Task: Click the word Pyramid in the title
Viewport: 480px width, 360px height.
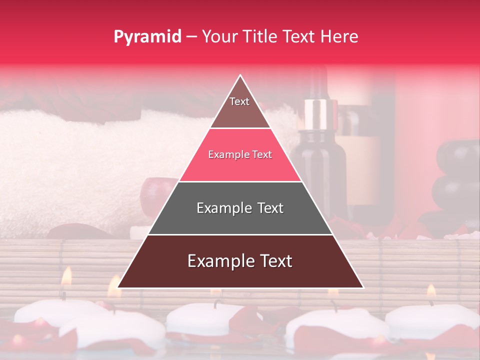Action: tap(147, 37)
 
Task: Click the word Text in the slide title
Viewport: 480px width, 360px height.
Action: tap(300, 36)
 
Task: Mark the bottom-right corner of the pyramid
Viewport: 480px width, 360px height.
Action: tap(362, 287)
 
